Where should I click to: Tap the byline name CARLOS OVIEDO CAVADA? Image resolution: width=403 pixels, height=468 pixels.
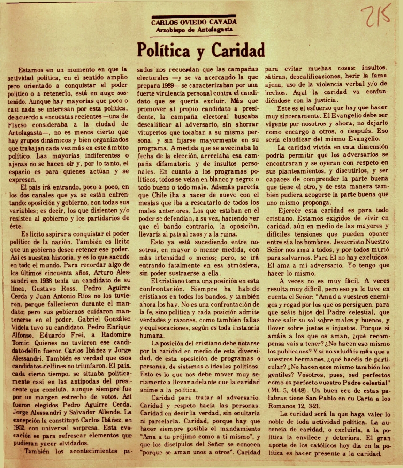pyautogui.click(x=194, y=22)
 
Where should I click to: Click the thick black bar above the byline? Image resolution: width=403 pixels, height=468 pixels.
pyautogui.click(x=194, y=15)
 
